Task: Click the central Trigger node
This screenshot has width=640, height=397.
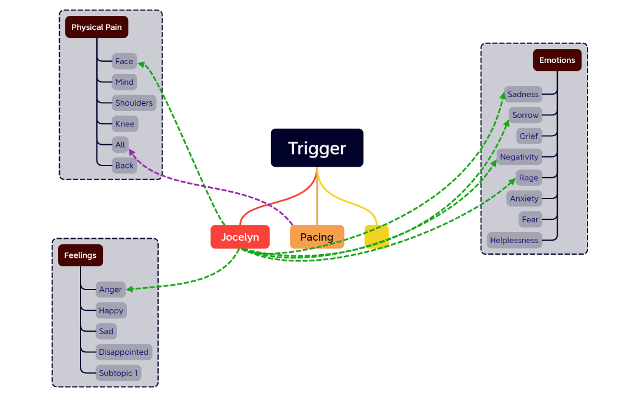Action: click(x=317, y=148)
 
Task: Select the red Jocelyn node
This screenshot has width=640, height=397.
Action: click(x=240, y=237)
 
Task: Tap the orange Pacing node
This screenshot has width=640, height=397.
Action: click(x=317, y=237)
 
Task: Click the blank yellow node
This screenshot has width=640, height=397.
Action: click(x=376, y=236)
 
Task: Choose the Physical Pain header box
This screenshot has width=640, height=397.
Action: click(x=96, y=27)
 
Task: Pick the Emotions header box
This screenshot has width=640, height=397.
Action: click(x=556, y=60)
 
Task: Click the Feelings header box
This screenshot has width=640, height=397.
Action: click(x=81, y=255)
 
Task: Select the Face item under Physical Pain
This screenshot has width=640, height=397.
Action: click(x=124, y=61)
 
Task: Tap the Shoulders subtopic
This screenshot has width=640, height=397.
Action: click(x=134, y=103)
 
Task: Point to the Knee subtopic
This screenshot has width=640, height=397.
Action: click(x=124, y=124)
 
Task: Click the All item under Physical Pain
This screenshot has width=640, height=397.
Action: click(x=120, y=145)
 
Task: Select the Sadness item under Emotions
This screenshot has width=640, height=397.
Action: click(x=523, y=95)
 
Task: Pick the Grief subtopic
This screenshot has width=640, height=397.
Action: click(x=528, y=136)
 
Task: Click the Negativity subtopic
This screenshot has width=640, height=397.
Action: click(x=519, y=157)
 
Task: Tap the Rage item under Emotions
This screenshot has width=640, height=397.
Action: click(x=528, y=178)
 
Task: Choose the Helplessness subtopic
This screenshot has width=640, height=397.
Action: click(x=514, y=241)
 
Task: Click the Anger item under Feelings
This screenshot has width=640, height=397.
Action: click(x=110, y=290)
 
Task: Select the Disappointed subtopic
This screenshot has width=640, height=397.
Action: click(x=124, y=352)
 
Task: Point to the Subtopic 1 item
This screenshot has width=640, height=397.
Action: click(x=118, y=373)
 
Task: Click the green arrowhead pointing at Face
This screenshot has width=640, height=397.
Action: click(x=141, y=62)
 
